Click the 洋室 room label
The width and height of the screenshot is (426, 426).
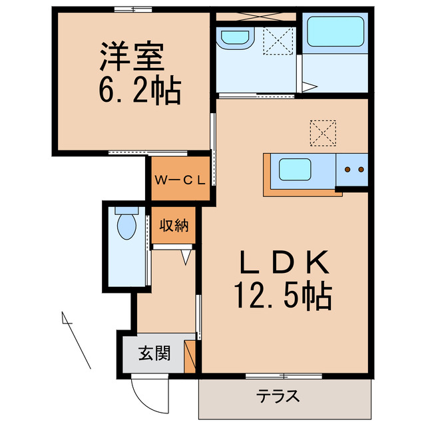[x=132, y=59]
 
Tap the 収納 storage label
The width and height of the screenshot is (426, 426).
[x=174, y=226]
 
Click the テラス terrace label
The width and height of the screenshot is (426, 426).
[x=278, y=397]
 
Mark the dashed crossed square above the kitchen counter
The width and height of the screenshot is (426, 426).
[x=324, y=132]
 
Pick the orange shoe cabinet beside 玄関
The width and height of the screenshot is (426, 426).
[x=190, y=355]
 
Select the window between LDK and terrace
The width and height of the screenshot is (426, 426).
[x=284, y=377]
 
